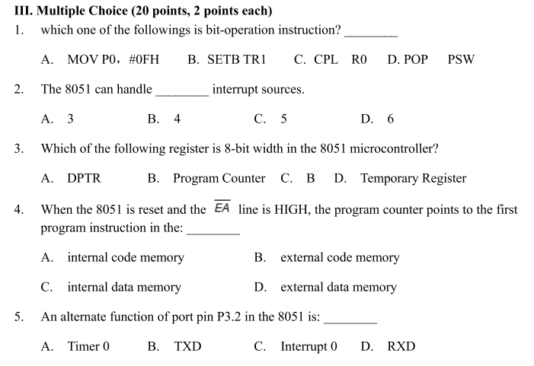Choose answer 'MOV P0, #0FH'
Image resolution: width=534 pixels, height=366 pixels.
(x=112, y=59)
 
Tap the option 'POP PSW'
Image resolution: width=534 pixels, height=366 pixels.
(x=430, y=59)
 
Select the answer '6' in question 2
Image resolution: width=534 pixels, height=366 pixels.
(x=391, y=119)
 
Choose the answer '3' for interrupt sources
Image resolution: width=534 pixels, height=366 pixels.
(x=70, y=119)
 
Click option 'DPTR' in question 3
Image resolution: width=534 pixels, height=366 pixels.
(x=84, y=179)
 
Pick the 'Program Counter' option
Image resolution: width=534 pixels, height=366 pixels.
(x=219, y=179)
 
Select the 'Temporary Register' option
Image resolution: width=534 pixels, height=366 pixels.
(x=412, y=179)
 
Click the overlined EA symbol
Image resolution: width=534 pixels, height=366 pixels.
(x=222, y=208)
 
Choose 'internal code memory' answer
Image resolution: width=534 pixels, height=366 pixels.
(x=125, y=257)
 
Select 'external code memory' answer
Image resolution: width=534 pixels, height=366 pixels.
(x=339, y=257)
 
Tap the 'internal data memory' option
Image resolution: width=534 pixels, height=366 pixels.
(x=124, y=287)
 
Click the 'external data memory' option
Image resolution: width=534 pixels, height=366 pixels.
(x=338, y=287)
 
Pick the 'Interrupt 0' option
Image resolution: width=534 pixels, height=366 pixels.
(x=309, y=346)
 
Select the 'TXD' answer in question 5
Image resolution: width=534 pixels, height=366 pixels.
(x=187, y=346)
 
